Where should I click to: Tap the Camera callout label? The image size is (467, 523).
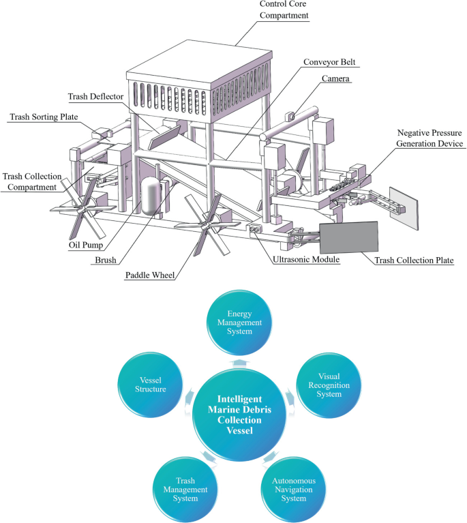click(335, 79)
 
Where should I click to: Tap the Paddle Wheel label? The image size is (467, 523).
click(150, 275)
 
